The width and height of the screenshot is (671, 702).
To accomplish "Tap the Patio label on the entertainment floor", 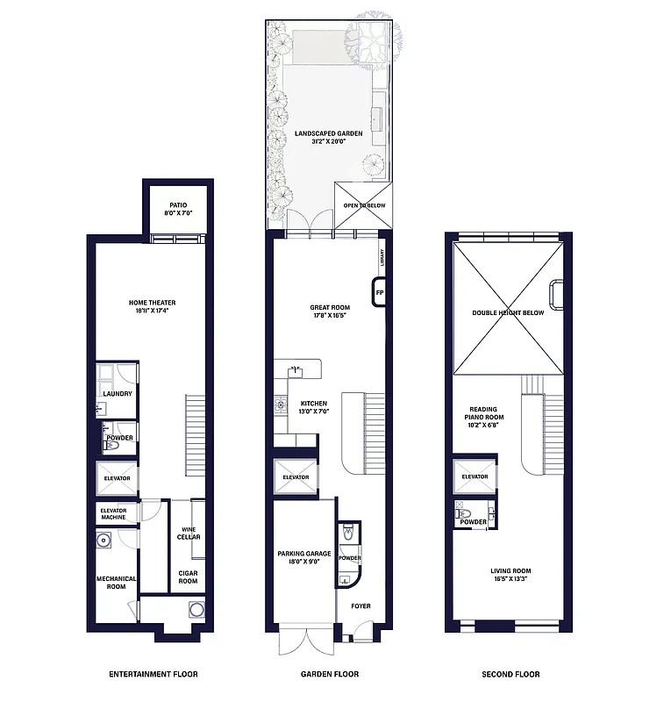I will point(178,208).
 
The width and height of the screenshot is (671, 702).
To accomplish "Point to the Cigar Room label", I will point(188,577).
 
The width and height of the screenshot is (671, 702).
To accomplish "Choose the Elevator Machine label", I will point(113,513).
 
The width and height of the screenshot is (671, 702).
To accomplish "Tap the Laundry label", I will point(117,393).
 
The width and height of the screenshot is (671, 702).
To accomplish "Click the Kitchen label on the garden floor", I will point(313,407).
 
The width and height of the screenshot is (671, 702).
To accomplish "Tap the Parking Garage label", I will point(303,557).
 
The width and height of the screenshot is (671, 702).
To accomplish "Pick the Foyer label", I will point(360,605).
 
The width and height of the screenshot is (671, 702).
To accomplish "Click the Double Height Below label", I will point(508,312).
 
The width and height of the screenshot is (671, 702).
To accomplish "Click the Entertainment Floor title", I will point(153,674).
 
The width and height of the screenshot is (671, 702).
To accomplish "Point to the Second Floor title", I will point(510,674).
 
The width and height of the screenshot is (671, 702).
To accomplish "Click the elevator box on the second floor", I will point(475,477).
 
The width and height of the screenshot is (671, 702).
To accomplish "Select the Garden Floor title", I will point(330,674).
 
